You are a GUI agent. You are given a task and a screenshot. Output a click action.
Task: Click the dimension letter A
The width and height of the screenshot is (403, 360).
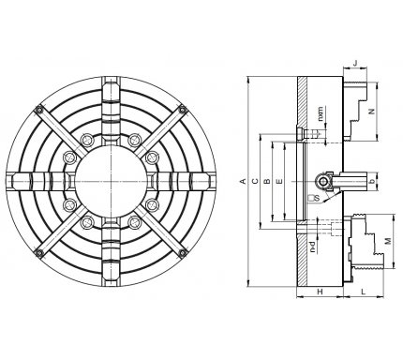click(243, 181)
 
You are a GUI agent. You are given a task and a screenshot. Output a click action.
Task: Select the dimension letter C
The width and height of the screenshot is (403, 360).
click(255, 181)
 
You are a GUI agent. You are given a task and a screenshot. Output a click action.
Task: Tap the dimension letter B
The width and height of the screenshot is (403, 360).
click(267, 181)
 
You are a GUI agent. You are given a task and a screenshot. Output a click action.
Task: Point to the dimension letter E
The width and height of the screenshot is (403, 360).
click(279, 181)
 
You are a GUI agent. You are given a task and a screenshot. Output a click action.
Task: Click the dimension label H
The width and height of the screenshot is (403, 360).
click(320, 292)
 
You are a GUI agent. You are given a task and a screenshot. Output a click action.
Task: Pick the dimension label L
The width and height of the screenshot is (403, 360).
click(363, 292)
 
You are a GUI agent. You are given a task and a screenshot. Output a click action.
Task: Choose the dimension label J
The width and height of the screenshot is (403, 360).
click(355, 63)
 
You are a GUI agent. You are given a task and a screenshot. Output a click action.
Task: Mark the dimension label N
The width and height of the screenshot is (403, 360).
click(372, 112)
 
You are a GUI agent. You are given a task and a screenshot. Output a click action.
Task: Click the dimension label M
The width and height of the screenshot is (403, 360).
click(388, 241)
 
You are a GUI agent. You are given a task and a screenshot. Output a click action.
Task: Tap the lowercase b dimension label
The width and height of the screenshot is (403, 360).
click(371, 182)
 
